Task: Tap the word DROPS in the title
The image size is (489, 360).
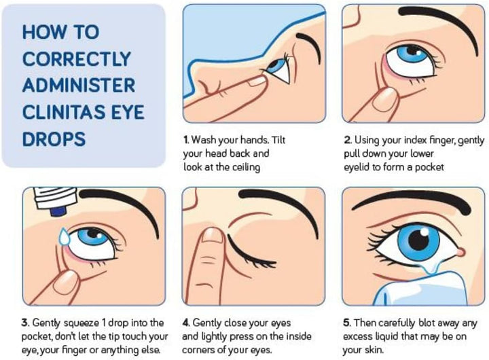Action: click(54, 139)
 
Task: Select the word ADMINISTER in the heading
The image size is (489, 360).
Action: click(78, 86)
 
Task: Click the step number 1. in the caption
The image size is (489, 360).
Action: click(185, 140)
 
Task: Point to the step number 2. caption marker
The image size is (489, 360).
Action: click(346, 140)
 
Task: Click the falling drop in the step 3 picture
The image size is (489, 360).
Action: click(64, 237)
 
